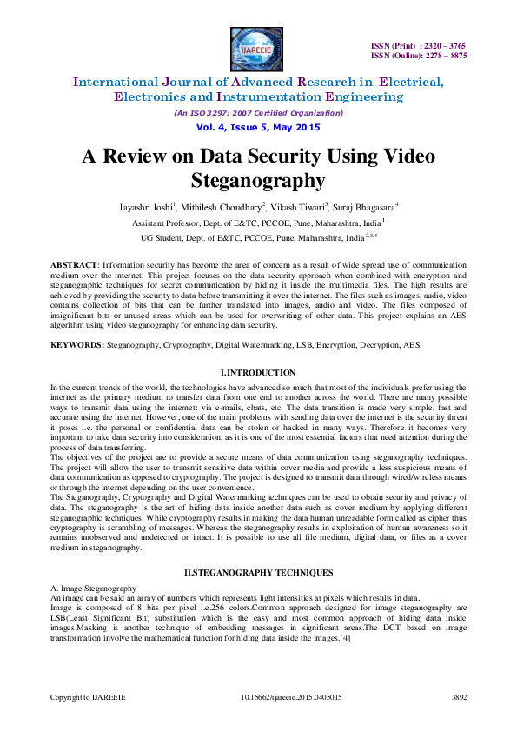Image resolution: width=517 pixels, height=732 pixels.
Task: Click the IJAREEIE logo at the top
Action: [258, 45]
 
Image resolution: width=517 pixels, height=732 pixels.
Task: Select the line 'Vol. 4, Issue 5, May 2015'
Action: [258, 127]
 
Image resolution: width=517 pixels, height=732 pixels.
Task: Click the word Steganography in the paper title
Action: [258, 181]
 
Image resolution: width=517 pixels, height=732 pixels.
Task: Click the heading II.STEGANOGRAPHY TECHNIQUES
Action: [258, 571]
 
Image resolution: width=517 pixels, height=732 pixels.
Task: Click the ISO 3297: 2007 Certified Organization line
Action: [258, 113]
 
